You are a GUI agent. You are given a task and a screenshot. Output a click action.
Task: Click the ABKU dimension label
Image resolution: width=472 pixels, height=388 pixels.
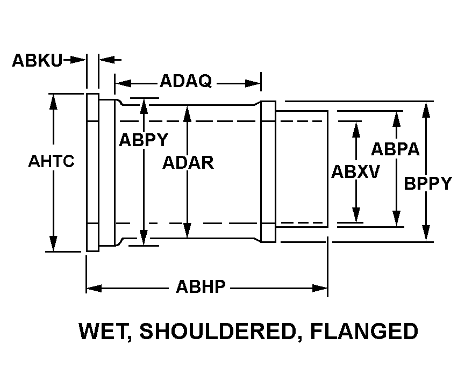tap(37, 60)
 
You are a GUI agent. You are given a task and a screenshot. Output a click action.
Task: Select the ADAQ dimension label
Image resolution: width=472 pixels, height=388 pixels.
tap(185, 82)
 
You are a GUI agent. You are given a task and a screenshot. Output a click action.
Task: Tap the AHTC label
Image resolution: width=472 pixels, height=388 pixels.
tap(51, 161)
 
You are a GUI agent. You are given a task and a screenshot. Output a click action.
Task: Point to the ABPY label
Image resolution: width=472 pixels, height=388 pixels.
tap(144, 140)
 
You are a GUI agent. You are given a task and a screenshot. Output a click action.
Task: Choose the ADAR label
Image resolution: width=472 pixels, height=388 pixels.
tap(188, 162)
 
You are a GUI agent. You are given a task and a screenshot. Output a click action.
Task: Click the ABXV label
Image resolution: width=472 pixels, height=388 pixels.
tap(355, 172)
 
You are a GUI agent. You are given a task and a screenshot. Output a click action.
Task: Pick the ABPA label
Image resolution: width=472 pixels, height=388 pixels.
tap(396, 149)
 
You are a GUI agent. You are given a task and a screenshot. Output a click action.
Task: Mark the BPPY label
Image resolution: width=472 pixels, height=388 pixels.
tap(428, 183)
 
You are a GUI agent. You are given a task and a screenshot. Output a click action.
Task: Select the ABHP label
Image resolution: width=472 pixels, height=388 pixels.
tap(201, 288)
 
